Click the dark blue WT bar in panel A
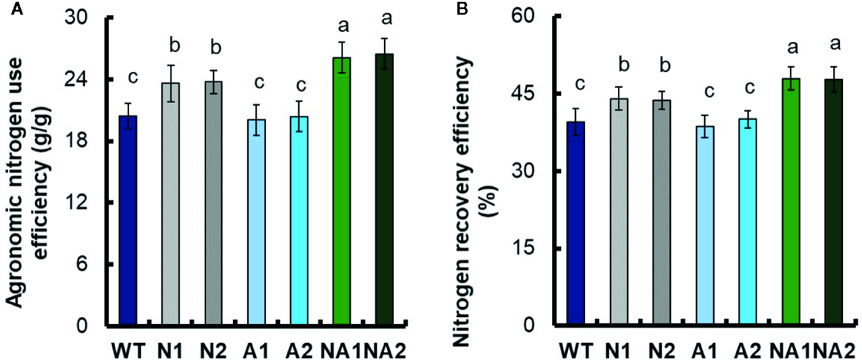coord(128,220)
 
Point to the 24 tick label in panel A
coord(83,79)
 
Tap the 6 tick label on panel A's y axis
coord(89,264)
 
